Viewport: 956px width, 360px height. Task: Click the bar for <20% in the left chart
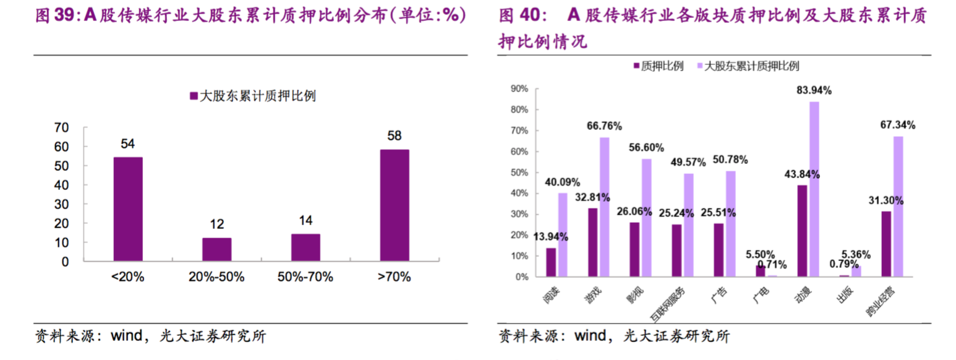[127, 209]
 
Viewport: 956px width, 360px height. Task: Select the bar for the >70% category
[394, 205]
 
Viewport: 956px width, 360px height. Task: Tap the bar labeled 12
[216, 249]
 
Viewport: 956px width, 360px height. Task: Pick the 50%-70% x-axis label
[305, 277]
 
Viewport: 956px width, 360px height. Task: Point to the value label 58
[394, 135]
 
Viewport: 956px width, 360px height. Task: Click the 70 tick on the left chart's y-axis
[61, 128]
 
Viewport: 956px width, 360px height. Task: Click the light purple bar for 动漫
[814, 189]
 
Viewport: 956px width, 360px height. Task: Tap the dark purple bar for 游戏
[592, 242]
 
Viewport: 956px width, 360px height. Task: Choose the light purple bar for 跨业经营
[898, 206]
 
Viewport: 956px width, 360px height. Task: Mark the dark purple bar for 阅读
[550, 262]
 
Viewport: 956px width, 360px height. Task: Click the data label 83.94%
[814, 90]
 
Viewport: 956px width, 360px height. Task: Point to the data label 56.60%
[646, 148]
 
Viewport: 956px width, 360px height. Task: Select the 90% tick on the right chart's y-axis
[519, 88]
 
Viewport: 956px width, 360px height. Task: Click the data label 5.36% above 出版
[856, 254]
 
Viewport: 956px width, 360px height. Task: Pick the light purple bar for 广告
[730, 223]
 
